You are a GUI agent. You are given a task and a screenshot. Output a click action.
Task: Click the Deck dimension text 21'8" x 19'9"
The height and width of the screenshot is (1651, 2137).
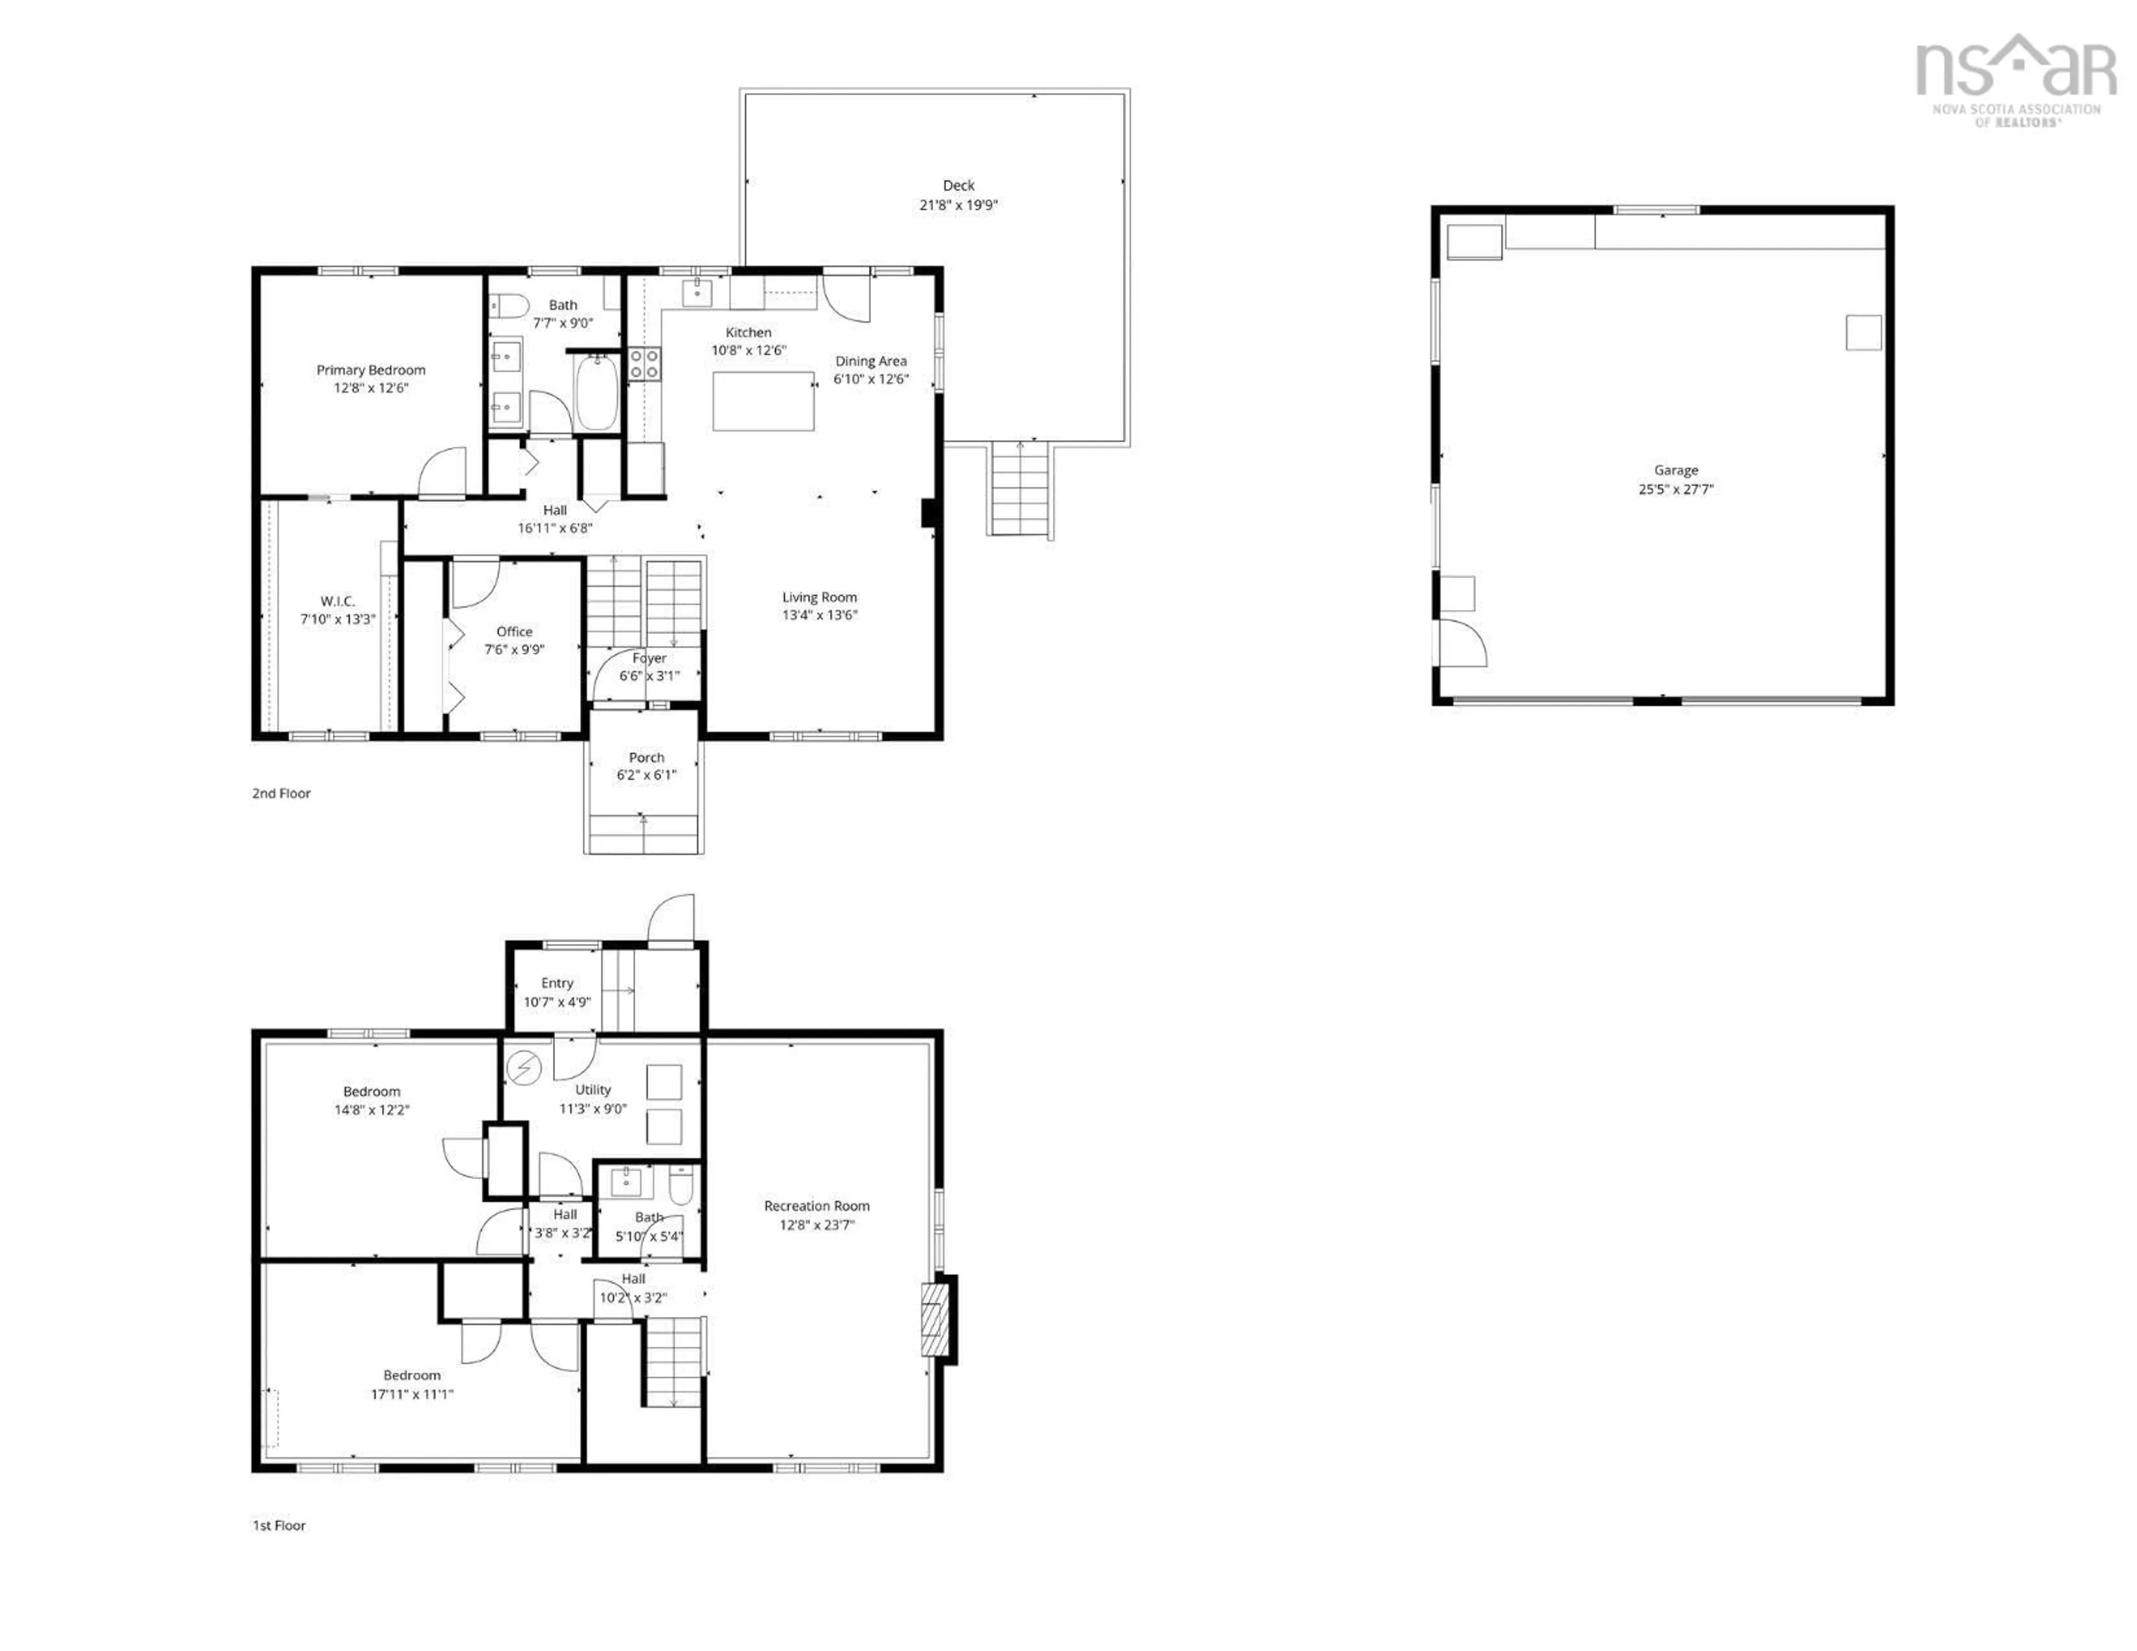click(x=958, y=205)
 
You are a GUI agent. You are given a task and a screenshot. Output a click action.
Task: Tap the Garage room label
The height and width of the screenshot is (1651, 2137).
click(x=1675, y=470)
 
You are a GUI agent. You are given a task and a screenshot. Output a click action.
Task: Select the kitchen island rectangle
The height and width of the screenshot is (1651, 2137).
click(x=763, y=401)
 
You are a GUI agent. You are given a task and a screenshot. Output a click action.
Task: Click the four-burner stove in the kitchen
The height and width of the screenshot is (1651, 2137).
click(x=644, y=364)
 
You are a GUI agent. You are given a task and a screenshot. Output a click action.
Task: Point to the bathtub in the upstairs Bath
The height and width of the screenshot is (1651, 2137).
click(x=596, y=392)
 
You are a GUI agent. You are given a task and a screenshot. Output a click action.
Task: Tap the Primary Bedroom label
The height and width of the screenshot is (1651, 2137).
click(x=371, y=370)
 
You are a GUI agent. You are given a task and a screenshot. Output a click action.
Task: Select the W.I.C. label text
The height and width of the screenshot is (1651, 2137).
click(x=338, y=601)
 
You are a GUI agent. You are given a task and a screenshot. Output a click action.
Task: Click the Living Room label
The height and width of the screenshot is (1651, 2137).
click(x=819, y=597)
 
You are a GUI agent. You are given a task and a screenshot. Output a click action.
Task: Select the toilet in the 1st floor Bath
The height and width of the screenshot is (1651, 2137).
click(x=680, y=1187)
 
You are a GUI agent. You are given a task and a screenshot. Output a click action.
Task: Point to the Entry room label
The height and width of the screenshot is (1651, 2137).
click(x=557, y=983)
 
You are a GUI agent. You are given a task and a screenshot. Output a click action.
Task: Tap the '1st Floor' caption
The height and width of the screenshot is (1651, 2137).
click(x=279, y=1525)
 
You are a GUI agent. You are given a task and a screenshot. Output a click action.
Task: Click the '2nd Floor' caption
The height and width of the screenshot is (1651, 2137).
click(x=281, y=793)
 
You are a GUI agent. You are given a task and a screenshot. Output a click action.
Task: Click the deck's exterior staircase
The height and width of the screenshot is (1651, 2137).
click(x=1021, y=489)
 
